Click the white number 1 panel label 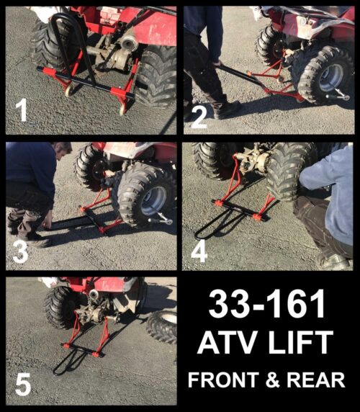[x=22, y=112]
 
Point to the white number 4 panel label [x=199, y=250]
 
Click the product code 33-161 [x=267, y=306]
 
